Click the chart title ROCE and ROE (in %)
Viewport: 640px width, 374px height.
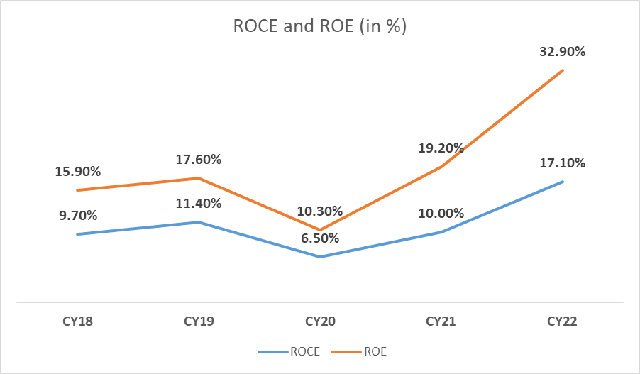pyautogui.click(x=319, y=26)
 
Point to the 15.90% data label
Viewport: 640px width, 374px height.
pyautogui.click(x=77, y=172)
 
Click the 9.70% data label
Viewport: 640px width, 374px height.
pyautogui.click(x=77, y=216)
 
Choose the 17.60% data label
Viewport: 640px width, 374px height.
pyautogui.click(x=199, y=160)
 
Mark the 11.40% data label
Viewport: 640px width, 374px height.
pyautogui.click(x=199, y=204)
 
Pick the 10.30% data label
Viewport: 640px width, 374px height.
pyautogui.click(x=319, y=211)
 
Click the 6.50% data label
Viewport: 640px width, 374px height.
pyautogui.click(x=319, y=238)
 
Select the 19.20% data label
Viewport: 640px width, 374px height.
pyautogui.click(x=441, y=148)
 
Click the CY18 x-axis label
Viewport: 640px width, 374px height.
pyautogui.click(x=77, y=321)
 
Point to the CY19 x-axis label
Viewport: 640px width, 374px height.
pyautogui.click(x=199, y=321)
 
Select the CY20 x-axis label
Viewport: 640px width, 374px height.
pyautogui.click(x=319, y=321)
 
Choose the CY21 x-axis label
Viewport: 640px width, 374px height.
pyautogui.click(x=441, y=321)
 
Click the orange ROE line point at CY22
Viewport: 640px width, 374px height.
pyautogui.click(x=563, y=70)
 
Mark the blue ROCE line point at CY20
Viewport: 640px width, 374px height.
pyautogui.click(x=320, y=257)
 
